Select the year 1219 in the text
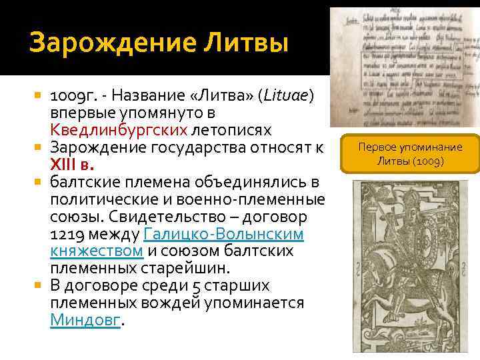click(67, 234)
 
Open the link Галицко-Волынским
click(224, 234)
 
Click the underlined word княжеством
click(96, 251)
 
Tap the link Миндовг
click(86, 320)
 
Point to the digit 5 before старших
click(195, 285)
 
